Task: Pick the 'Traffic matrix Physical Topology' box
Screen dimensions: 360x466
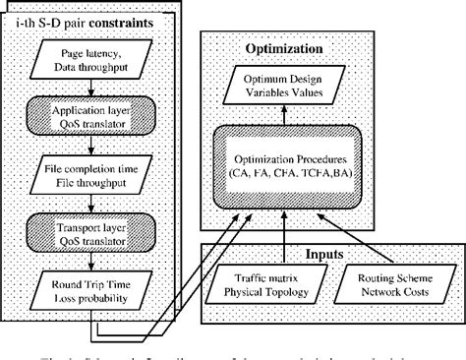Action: pos(266,278)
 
